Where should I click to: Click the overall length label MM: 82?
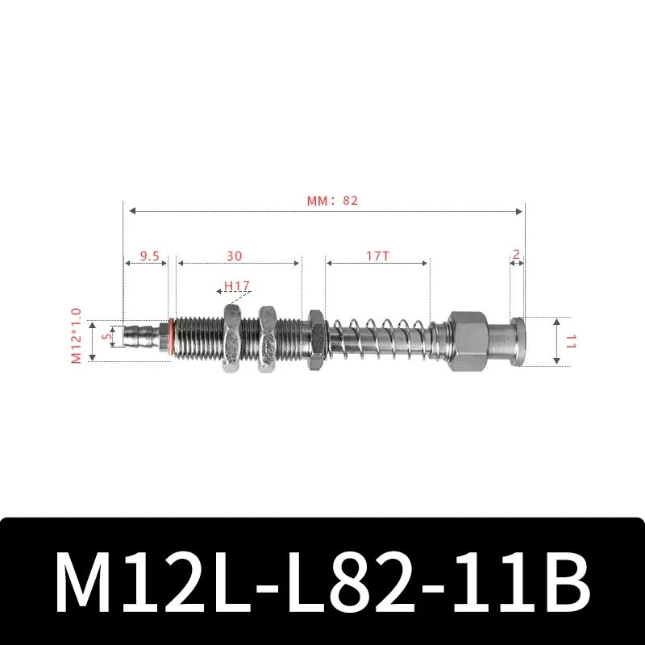331,201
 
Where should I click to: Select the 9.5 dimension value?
149,256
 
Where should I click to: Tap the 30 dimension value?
234,256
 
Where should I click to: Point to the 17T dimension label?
377,256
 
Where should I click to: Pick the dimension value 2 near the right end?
516,256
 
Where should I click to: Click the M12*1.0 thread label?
77,335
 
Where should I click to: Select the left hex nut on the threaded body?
231,339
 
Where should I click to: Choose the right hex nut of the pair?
266,339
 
